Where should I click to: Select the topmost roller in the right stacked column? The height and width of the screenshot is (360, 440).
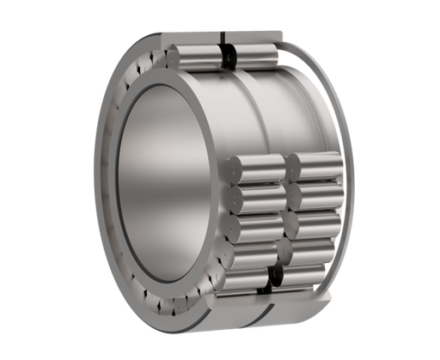coord(313,163)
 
